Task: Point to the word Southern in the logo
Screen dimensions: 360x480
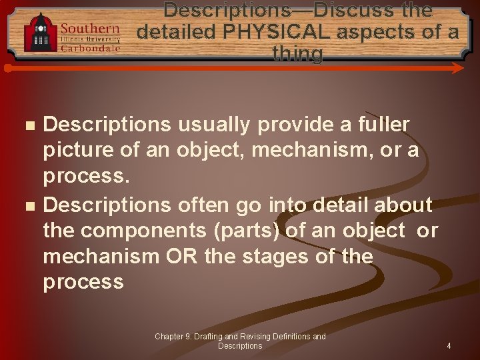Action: click(x=90, y=29)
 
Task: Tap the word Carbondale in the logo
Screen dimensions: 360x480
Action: click(x=90, y=48)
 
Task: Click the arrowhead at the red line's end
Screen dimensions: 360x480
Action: click(x=458, y=68)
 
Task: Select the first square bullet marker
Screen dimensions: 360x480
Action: click(x=27, y=125)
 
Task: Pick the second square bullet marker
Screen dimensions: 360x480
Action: click(x=27, y=205)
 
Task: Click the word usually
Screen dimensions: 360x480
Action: click(x=209, y=125)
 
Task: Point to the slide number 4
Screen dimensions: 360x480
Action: click(x=449, y=346)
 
